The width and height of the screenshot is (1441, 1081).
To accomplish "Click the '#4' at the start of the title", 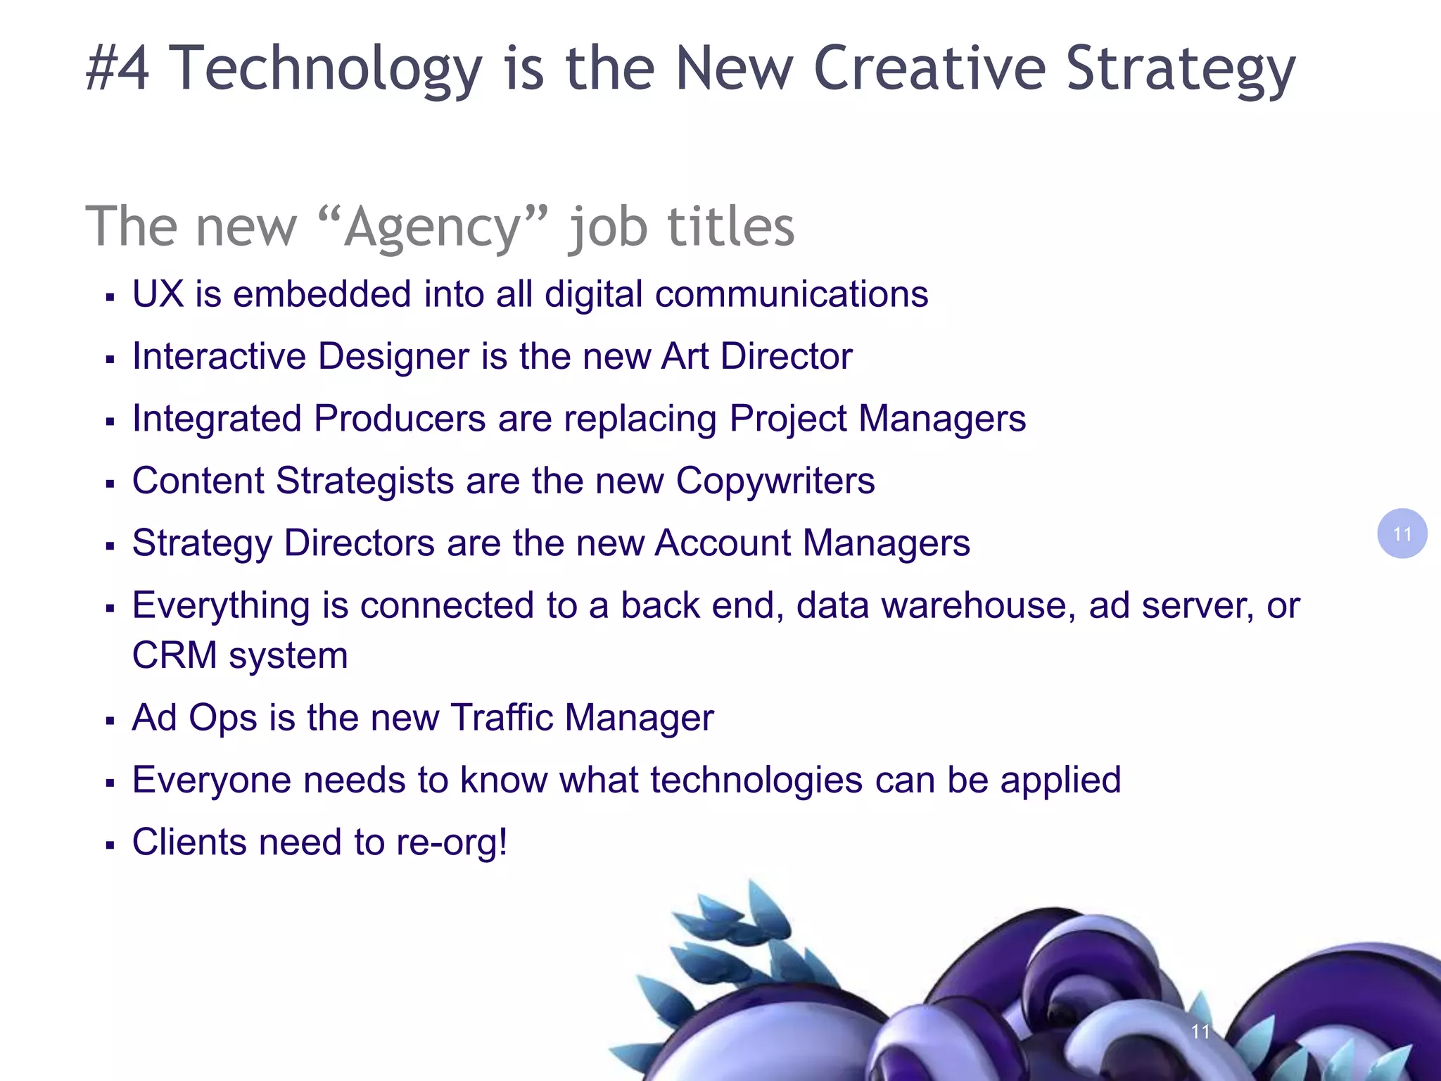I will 118,68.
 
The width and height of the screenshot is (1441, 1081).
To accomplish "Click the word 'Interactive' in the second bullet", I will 219,356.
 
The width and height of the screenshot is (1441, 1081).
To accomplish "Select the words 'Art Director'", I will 756,356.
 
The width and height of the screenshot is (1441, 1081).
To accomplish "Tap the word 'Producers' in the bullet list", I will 400,419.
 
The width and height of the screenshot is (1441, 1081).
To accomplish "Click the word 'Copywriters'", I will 775,481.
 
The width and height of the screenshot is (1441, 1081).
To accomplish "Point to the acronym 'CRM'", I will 174,656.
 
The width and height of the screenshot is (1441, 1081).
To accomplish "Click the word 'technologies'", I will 756,780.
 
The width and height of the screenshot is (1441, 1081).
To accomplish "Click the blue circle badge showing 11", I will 1402,533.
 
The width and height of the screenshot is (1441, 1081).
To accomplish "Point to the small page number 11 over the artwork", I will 1200,1032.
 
